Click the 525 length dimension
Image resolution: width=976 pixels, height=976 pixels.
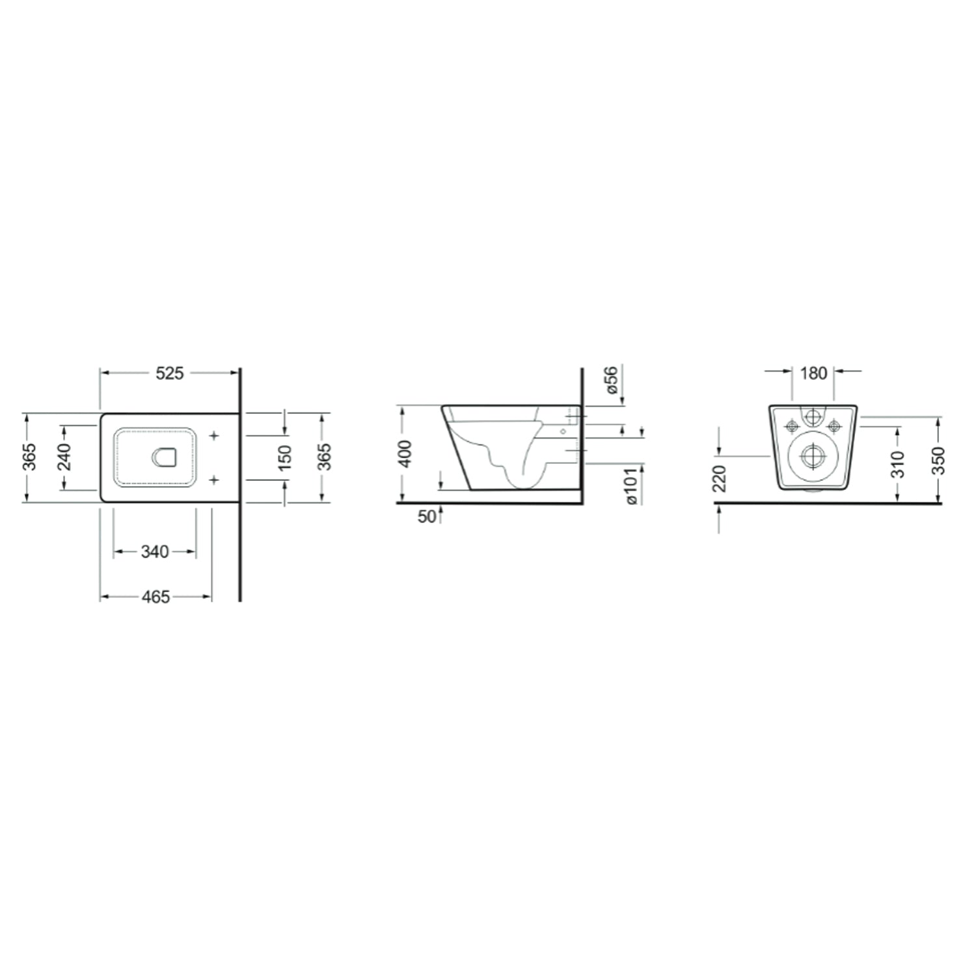click(169, 373)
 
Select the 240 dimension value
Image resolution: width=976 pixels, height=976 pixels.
click(65, 457)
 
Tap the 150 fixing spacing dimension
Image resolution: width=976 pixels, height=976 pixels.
click(285, 457)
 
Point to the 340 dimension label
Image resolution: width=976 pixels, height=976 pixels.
click(155, 552)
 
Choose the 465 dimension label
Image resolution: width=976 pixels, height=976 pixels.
click(156, 597)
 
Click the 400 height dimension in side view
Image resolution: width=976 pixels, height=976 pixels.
click(405, 454)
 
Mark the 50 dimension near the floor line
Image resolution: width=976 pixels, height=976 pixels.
click(426, 517)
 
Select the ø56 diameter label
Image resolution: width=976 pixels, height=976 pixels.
click(612, 379)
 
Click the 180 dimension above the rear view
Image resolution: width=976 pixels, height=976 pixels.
click(813, 373)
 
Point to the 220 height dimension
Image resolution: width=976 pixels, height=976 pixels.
click(720, 478)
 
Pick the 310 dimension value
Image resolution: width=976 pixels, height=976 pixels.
click(899, 464)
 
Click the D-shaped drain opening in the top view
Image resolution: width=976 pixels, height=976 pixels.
click(163, 458)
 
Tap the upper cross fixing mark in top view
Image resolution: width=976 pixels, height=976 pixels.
click(213, 435)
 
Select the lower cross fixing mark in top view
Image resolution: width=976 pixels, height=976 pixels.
click(213, 480)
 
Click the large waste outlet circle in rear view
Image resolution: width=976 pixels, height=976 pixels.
click(811, 457)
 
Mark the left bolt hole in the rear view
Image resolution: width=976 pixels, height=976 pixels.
click(791, 426)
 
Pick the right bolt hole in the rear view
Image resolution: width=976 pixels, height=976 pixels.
click(834, 426)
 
